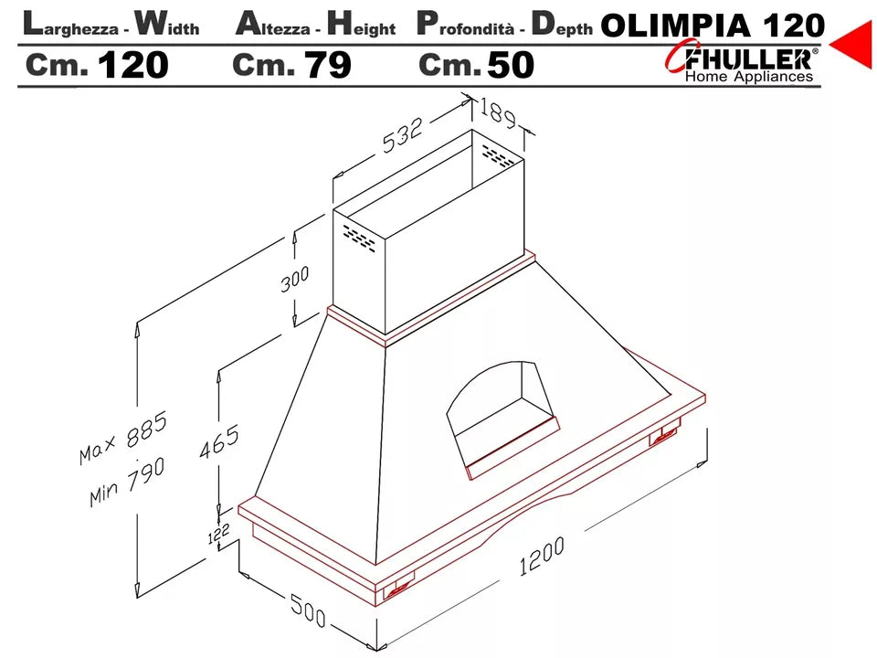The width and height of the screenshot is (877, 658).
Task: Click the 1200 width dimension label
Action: [542, 557]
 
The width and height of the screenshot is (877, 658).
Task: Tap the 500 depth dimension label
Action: [308, 610]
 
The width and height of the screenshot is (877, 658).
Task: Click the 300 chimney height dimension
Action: [294, 280]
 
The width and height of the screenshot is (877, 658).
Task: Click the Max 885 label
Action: [122, 440]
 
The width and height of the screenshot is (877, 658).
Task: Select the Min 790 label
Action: [127, 482]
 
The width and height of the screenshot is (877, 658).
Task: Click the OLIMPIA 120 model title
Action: [713, 25]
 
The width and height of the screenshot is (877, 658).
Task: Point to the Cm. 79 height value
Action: [291, 65]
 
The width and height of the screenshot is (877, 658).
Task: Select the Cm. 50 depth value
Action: [476, 65]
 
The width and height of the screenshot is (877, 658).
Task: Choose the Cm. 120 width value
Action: [97, 65]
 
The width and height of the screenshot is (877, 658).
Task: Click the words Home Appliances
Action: [748, 78]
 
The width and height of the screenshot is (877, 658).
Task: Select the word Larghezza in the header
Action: [72, 26]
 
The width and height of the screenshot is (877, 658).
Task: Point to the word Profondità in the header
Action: [466, 26]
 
